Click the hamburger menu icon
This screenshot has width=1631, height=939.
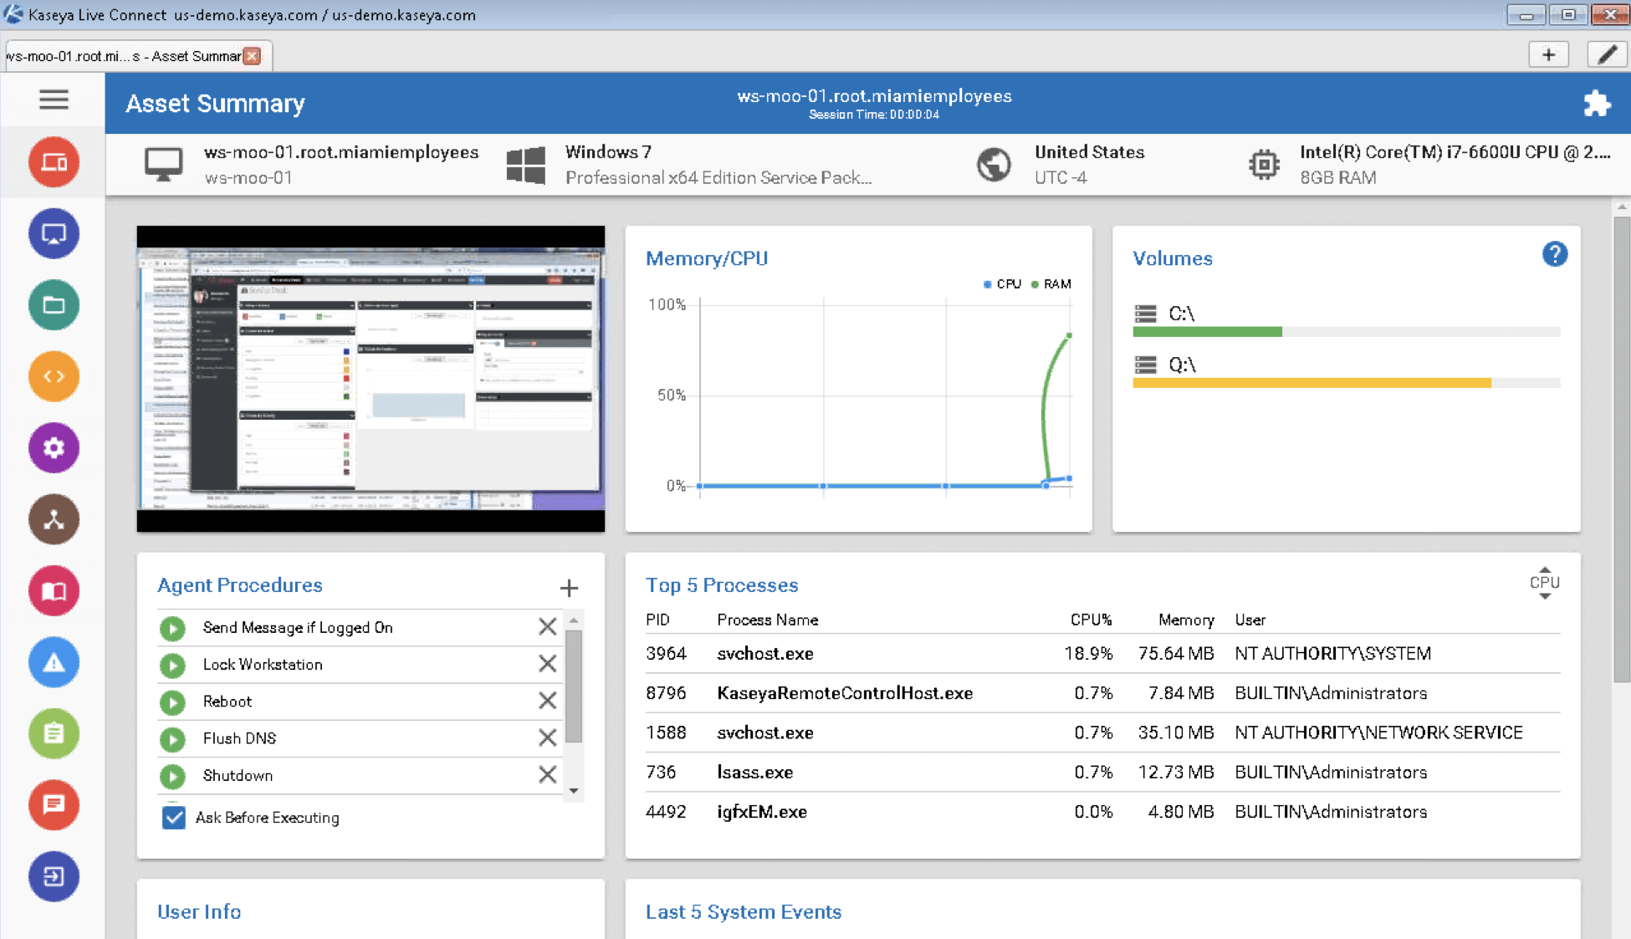(x=54, y=100)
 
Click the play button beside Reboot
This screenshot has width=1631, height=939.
(x=173, y=702)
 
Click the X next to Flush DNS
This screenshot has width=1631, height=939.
(x=547, y=737)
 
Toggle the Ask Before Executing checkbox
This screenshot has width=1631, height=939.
(x=174, y=817)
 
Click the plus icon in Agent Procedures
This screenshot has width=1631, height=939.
(x=569, y=588)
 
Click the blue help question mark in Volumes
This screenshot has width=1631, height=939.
(x=1554, y=254)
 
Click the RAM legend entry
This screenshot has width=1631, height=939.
(x=1051, y=284)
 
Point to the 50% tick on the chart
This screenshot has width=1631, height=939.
(x=672, y=395)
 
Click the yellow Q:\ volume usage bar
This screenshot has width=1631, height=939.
(x=1311, y=383)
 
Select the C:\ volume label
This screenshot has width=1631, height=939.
(x=1180, y=314)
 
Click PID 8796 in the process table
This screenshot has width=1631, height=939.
(x=666, y=693)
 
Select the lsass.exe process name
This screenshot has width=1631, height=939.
(x=754, y=772)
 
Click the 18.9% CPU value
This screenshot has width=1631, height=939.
(x=1087, y=653)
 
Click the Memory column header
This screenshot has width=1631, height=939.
(x=1185, y=620)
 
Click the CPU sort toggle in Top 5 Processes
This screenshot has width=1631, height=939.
(x=1544, y=583)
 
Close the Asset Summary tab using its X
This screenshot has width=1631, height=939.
(x=252, y=56)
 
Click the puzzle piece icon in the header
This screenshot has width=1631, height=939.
(x=1596, y=103)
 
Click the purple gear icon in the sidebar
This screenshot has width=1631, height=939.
(x=54, y=448)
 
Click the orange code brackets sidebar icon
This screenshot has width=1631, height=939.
(x=54, y=376)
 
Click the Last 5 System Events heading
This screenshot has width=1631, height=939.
(x=743, y=911)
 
